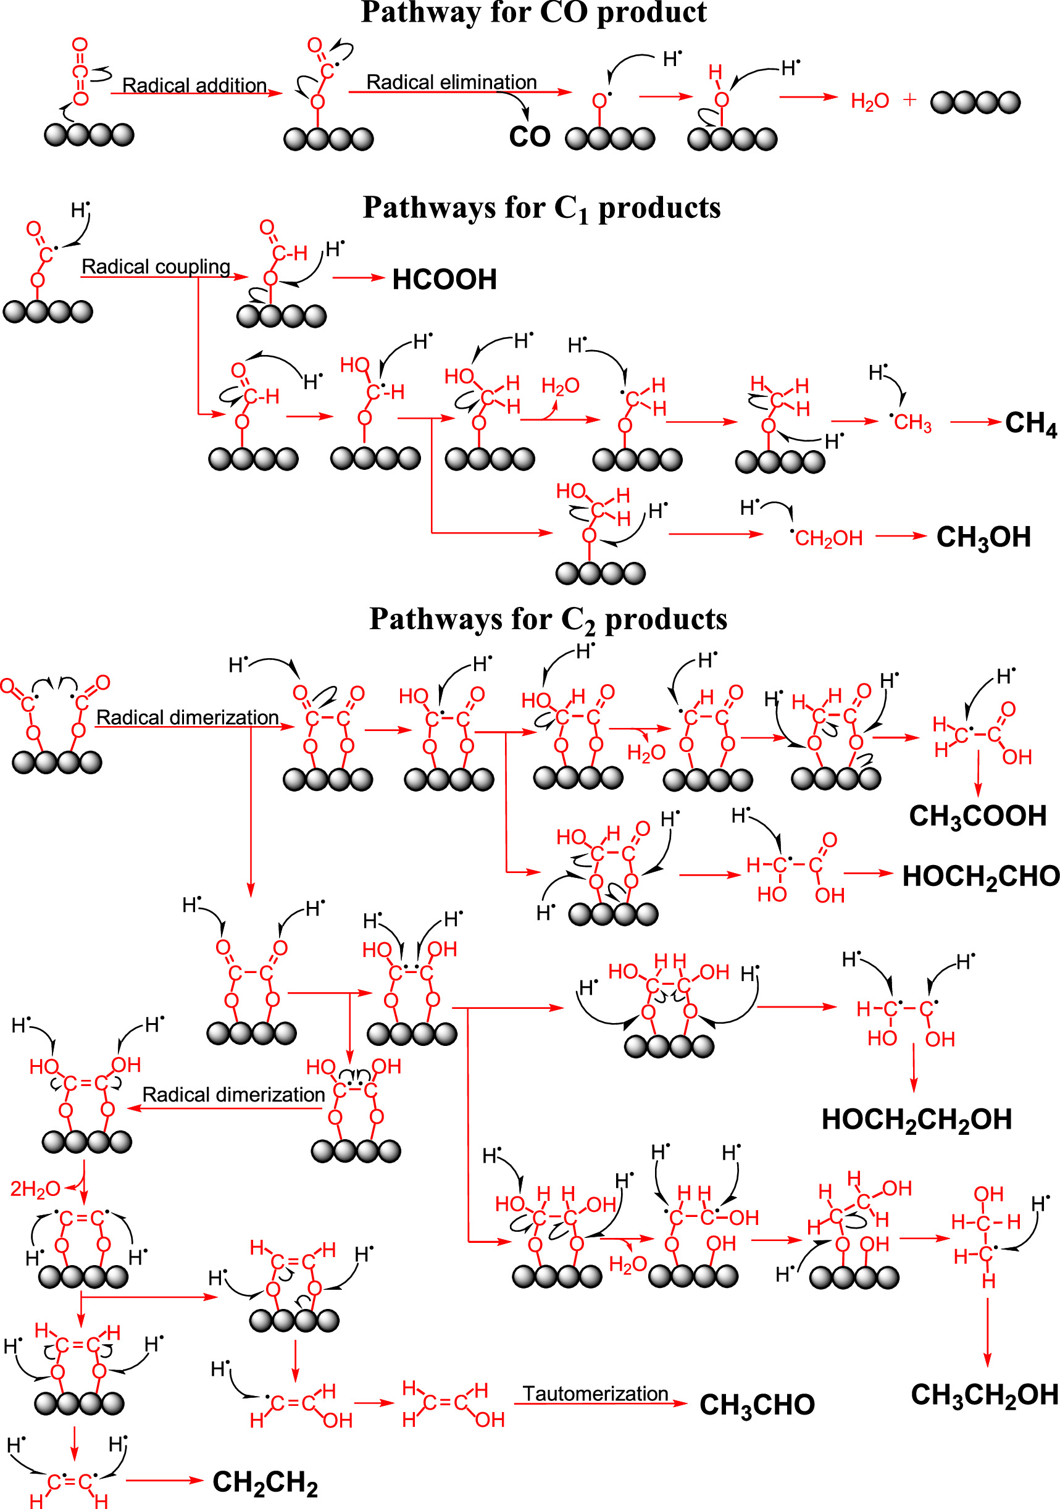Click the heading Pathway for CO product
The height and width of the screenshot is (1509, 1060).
(533, 13)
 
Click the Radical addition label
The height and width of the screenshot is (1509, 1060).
(194, 85)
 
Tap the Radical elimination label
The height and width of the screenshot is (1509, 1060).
(451, 82)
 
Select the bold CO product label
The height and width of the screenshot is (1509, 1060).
(529, 136)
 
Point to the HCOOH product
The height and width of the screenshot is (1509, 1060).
(444, 279)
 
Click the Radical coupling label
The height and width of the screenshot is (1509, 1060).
(156, 266)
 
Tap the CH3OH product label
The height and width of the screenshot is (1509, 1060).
(983, 538)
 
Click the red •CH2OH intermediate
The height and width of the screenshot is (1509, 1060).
(827, 538)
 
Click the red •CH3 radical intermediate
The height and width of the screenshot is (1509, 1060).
(911, 422)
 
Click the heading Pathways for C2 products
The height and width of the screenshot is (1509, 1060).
(548, 620)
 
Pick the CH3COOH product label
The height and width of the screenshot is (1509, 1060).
(977, 816)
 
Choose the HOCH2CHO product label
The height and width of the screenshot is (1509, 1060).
(980, 877)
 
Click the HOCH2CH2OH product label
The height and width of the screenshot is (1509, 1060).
(916, 1120)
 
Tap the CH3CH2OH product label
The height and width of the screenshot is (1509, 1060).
(984, 1395)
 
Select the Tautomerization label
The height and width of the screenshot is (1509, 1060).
(595, 1394)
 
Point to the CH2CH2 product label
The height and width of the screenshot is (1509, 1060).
(265, 1482)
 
